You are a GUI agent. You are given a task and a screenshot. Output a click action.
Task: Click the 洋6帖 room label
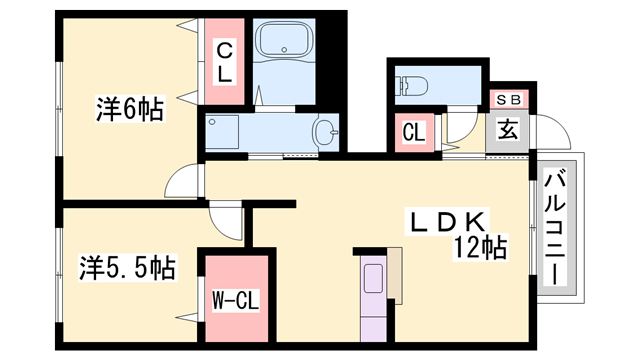(130, 108)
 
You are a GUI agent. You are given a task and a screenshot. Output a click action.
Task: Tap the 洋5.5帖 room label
(127, 267)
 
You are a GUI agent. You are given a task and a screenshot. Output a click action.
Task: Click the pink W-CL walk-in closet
(236, 297)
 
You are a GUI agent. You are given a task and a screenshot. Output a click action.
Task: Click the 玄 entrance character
(507, 130)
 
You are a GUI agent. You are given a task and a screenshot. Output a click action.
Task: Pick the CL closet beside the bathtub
(224, 61)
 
